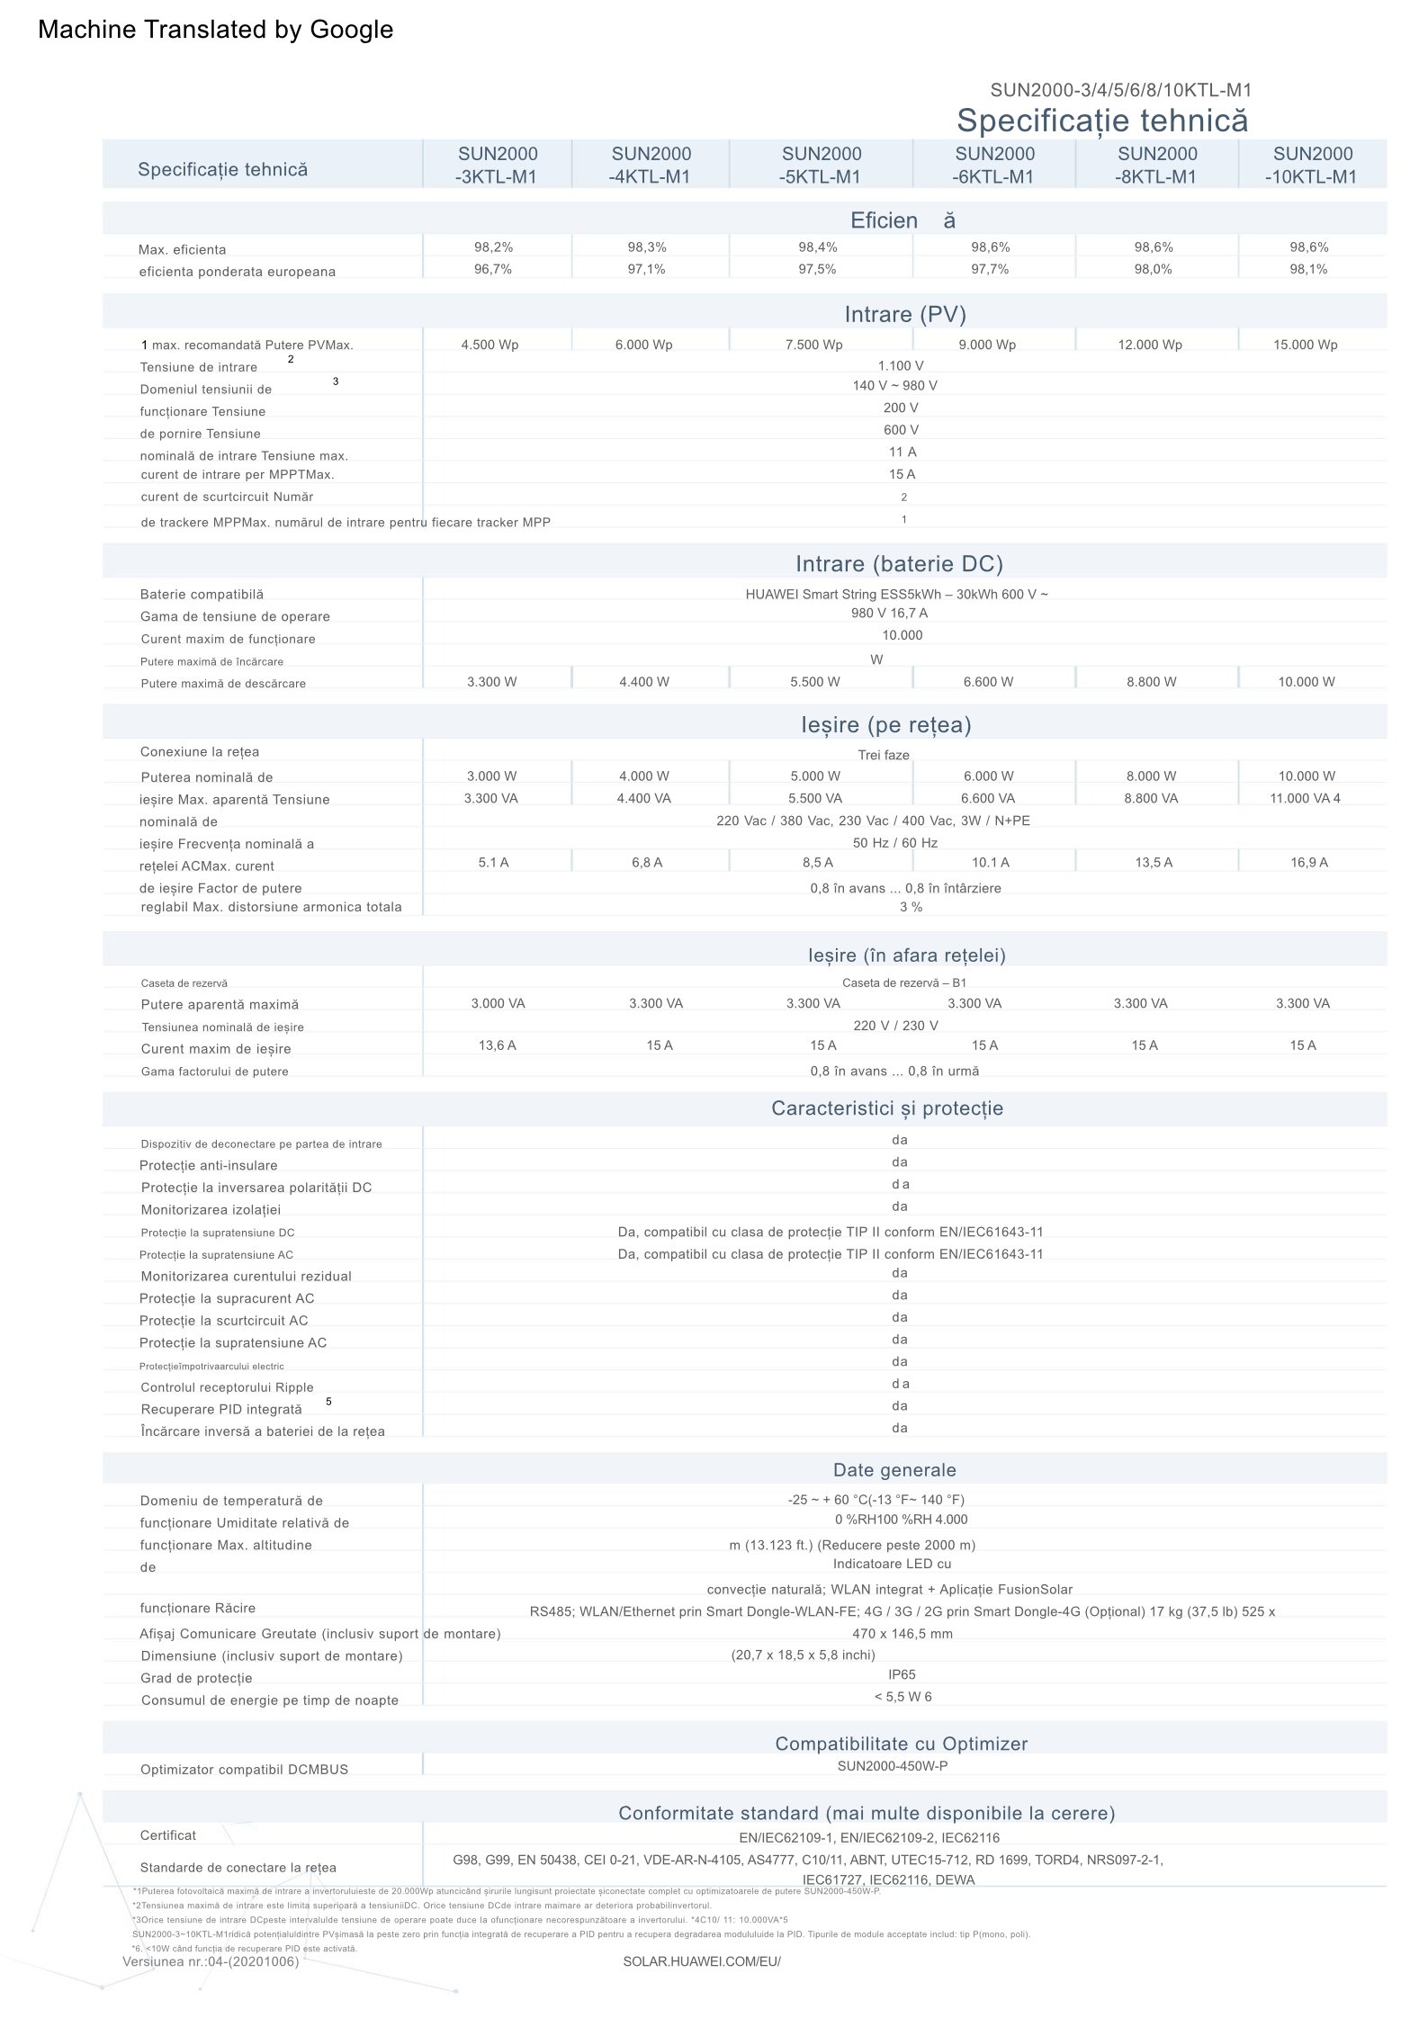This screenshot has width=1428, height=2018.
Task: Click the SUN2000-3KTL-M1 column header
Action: tap(497, 165)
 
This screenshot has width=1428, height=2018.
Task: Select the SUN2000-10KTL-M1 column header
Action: tap(1312, 165)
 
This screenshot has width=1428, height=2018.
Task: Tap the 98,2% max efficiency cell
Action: tap(493, 247)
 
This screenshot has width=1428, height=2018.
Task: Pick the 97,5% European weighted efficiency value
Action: tap(817, 270)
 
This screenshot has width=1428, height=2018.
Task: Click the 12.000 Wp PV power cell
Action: tap(1150, 345)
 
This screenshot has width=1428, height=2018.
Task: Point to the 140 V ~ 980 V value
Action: tap(894, 386)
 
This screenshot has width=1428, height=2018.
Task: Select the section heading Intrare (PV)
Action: tap(904, 314)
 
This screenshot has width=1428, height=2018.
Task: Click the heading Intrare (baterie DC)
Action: tap(898, 564)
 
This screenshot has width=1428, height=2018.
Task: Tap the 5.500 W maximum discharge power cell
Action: tap(814, 682)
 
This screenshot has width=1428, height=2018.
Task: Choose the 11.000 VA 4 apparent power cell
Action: tap(1305, 799)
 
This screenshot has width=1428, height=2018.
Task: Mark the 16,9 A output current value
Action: tap(1309, 863)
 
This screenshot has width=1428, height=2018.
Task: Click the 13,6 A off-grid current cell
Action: tap(497, 1045)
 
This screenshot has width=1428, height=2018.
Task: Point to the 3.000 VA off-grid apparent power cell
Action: tap(498, 1004)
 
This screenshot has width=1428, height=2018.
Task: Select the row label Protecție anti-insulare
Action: tap(208, 1166)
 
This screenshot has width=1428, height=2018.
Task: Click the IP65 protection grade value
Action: tap(901, 1675)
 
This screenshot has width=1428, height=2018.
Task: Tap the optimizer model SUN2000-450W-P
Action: tap(892, 1766)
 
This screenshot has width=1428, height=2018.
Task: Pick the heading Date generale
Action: tap(894, 1470)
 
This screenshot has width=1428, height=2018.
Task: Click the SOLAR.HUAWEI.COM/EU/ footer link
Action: tap(702, 1961)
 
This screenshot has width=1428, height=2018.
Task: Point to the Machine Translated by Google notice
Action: tap(216, 30)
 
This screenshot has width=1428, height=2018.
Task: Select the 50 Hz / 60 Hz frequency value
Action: tap(894, 844)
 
